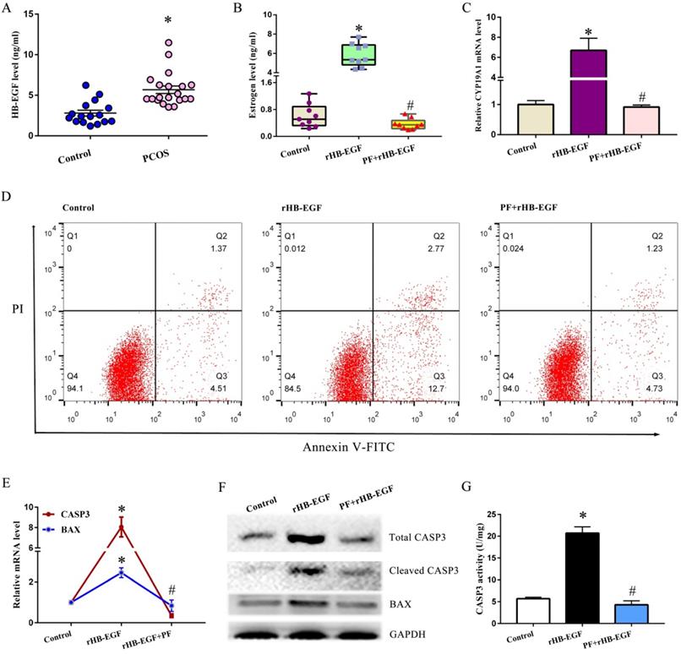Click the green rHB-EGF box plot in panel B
[x=358, y=54]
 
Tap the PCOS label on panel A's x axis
[x=160, y=156]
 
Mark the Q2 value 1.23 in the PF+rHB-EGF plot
[x=653, y=248]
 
